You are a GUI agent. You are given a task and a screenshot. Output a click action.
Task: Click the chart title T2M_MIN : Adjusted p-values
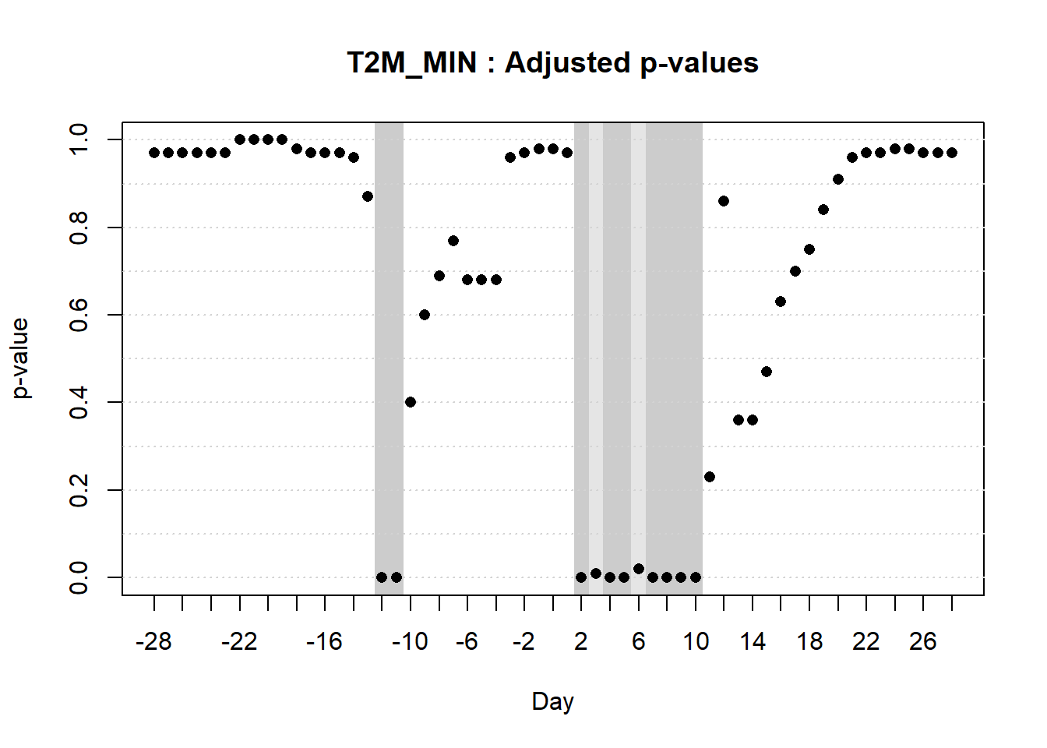pos(552,62)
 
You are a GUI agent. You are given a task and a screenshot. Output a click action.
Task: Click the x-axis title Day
pos(552,701)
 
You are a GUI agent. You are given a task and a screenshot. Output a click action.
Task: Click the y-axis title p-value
pos(21,358)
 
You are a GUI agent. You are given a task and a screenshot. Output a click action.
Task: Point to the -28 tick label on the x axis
pos(153,641)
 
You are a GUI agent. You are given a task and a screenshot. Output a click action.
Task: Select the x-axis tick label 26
pos(923,641)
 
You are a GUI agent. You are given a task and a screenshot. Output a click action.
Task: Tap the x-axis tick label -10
pos(410,641)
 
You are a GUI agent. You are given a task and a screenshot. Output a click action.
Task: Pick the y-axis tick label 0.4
pos(79,402)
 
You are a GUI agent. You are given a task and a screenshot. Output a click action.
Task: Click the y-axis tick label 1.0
pos(79,139)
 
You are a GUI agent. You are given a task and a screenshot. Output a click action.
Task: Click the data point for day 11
pos(710,477)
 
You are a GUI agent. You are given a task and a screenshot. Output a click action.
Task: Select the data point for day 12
pos(724,201)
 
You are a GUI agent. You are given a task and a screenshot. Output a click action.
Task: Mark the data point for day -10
pos(411,402)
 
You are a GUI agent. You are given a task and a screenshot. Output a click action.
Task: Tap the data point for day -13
pos(368,196)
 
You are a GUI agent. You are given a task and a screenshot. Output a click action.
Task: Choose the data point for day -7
pos(453,241)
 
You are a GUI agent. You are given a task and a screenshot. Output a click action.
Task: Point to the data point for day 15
pos(767,372)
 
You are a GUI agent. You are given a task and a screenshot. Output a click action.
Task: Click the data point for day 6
pos(639,569)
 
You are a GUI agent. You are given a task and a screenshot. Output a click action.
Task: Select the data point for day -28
pos(154,153)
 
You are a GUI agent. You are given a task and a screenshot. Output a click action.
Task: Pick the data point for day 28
pos(952,153)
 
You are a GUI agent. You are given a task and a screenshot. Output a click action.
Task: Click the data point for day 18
pos(809,249)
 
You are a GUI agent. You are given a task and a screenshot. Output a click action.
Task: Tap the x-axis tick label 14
pos(753,641)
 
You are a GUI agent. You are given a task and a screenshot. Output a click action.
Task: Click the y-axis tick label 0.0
pos(79,577)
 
